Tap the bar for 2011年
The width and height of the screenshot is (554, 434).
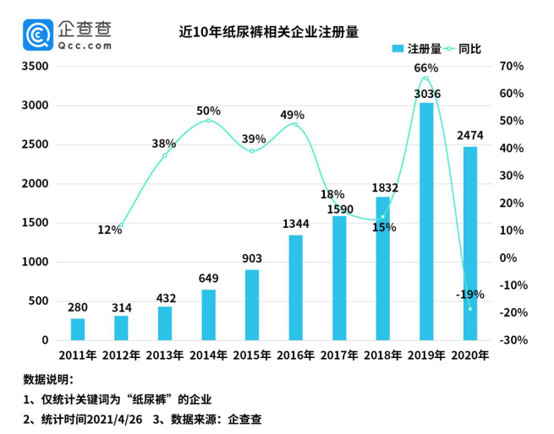(77, 329)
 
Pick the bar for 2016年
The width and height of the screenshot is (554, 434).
(295, 287)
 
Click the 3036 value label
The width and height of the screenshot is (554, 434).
(426, 94)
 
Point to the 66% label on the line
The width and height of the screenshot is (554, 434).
(425, 68)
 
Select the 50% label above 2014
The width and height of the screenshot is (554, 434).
(208, 111)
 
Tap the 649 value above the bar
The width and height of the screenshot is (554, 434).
(208, 279)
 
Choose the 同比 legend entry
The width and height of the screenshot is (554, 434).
(469, 49)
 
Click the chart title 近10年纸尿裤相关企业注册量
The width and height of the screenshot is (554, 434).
(269, 32)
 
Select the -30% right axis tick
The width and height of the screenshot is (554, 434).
(513, 340)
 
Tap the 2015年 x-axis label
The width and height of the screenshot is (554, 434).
(252, 355)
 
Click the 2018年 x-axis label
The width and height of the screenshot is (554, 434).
(382, 355)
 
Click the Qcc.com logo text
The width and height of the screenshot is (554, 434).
(85, 46)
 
